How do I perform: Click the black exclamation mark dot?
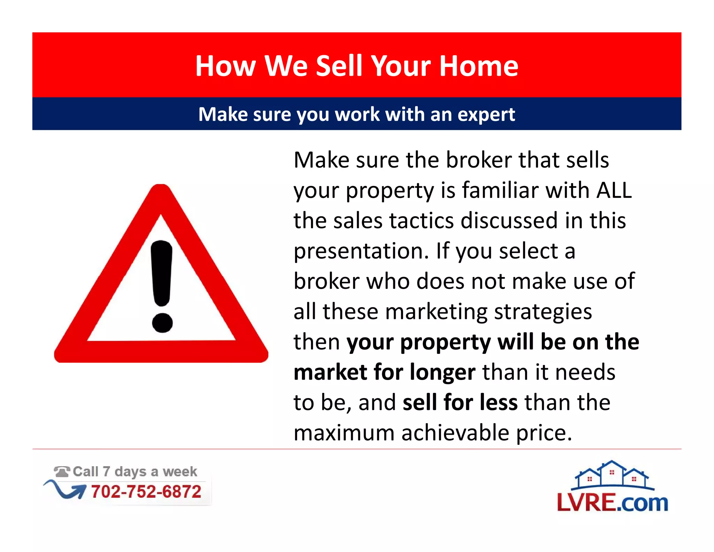pos(162,322)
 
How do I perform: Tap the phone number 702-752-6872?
pos(146,492)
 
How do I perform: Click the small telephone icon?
pos(62,472)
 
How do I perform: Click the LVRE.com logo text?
pos(612,503)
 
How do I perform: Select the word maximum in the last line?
pos(344,433)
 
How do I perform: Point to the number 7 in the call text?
pos(106,471)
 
